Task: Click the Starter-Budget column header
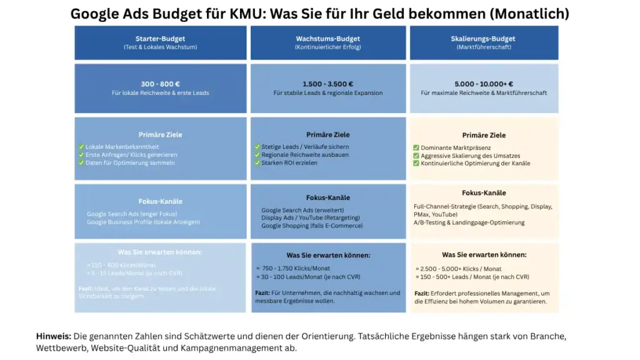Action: tap(160, 39)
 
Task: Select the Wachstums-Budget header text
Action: tap(327, 39)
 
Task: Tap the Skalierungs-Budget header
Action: tap(483, 39)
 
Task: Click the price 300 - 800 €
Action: tap(160, 84)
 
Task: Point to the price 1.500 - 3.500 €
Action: tap(327, 84)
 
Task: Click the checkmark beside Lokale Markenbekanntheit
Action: tap(81, 147)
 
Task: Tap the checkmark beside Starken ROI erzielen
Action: tap(257, 162)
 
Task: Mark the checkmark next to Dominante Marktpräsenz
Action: tap(416, 148)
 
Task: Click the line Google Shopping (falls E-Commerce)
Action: tap(312, 226)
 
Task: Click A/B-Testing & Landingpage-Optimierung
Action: tap(469, 222)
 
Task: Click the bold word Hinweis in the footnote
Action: tap(53, 336)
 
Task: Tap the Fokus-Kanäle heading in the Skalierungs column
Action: tap(484, 193)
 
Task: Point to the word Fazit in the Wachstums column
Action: tap(262, 292)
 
